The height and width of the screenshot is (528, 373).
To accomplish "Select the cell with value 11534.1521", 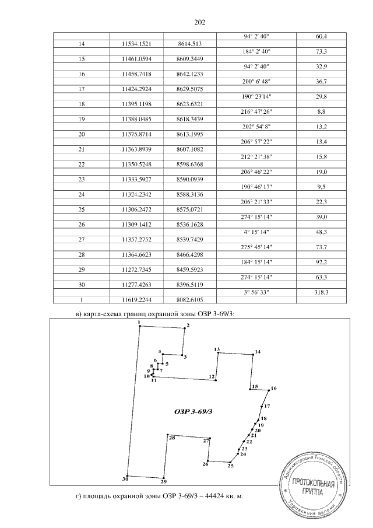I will (x=142, y=44).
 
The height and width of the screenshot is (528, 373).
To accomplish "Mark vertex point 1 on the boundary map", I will (x=139, y=326).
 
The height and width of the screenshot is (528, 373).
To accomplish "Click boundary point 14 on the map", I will (x=253, y=354).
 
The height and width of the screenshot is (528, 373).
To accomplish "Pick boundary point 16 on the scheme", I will (x=270, y=390).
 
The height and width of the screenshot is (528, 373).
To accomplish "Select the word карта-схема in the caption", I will (x=107, y=315).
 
